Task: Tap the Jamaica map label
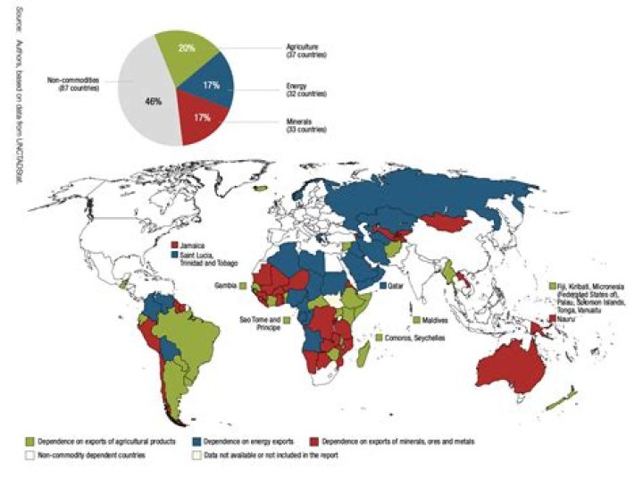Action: click(191, 243)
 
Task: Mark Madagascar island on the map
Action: click(363, 357)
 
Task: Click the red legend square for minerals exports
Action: click(313, 441)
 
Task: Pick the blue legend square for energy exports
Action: click(196, 441)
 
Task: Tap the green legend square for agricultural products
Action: click(29, 441)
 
